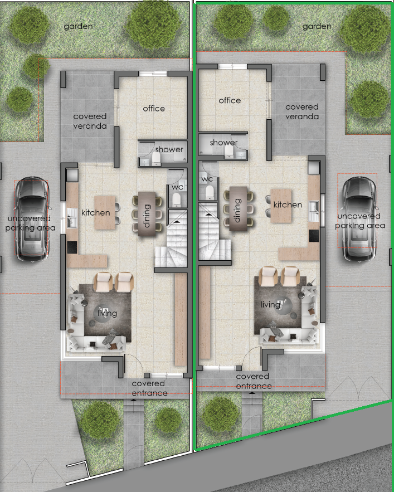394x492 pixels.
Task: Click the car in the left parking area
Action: (32, 219)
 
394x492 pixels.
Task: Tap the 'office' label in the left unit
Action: (154, 109)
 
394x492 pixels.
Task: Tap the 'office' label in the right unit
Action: (230, 100)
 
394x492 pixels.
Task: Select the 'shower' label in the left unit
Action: (169, 149)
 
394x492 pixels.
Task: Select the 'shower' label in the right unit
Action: (224, 143)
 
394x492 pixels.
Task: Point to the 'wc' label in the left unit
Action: (177, 187)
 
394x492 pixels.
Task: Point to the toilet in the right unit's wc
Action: (210, 192)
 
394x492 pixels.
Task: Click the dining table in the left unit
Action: (147, 213)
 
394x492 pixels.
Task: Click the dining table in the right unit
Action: (239, 208)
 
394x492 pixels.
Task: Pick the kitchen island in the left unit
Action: (105, 212)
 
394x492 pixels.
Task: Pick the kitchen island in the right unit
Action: (281, 206)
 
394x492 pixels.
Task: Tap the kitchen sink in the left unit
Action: (71, 217)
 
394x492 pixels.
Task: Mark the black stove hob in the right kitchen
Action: (314, 236)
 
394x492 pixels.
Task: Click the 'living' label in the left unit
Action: (107, 313)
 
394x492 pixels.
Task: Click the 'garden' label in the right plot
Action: (317, 26)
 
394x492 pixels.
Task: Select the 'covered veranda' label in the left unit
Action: (90, 121)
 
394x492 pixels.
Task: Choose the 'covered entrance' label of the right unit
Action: (253, 381)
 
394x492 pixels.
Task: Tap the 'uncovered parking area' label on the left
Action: (30, 223)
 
